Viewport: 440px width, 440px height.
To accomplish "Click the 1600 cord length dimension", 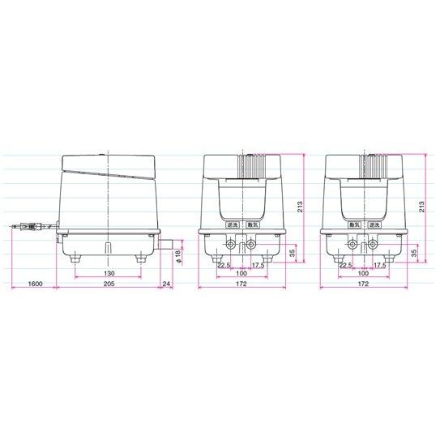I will pos(35,284).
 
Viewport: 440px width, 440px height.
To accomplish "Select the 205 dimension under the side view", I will pos(107,284).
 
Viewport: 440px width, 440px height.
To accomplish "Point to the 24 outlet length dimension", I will pos(167,284).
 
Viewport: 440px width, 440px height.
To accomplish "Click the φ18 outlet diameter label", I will pos(177,257).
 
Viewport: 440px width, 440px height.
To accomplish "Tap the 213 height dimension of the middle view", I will pos(301,207).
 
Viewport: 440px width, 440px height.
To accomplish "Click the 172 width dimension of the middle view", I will pos(241,284).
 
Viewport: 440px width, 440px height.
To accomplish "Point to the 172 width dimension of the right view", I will pos(362,284).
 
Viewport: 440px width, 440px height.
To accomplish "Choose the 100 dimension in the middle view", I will pos(241,273).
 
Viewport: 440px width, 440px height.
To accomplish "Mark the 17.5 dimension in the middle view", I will pos(258,264).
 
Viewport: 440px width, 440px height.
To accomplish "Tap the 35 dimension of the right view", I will pos(414,254).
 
